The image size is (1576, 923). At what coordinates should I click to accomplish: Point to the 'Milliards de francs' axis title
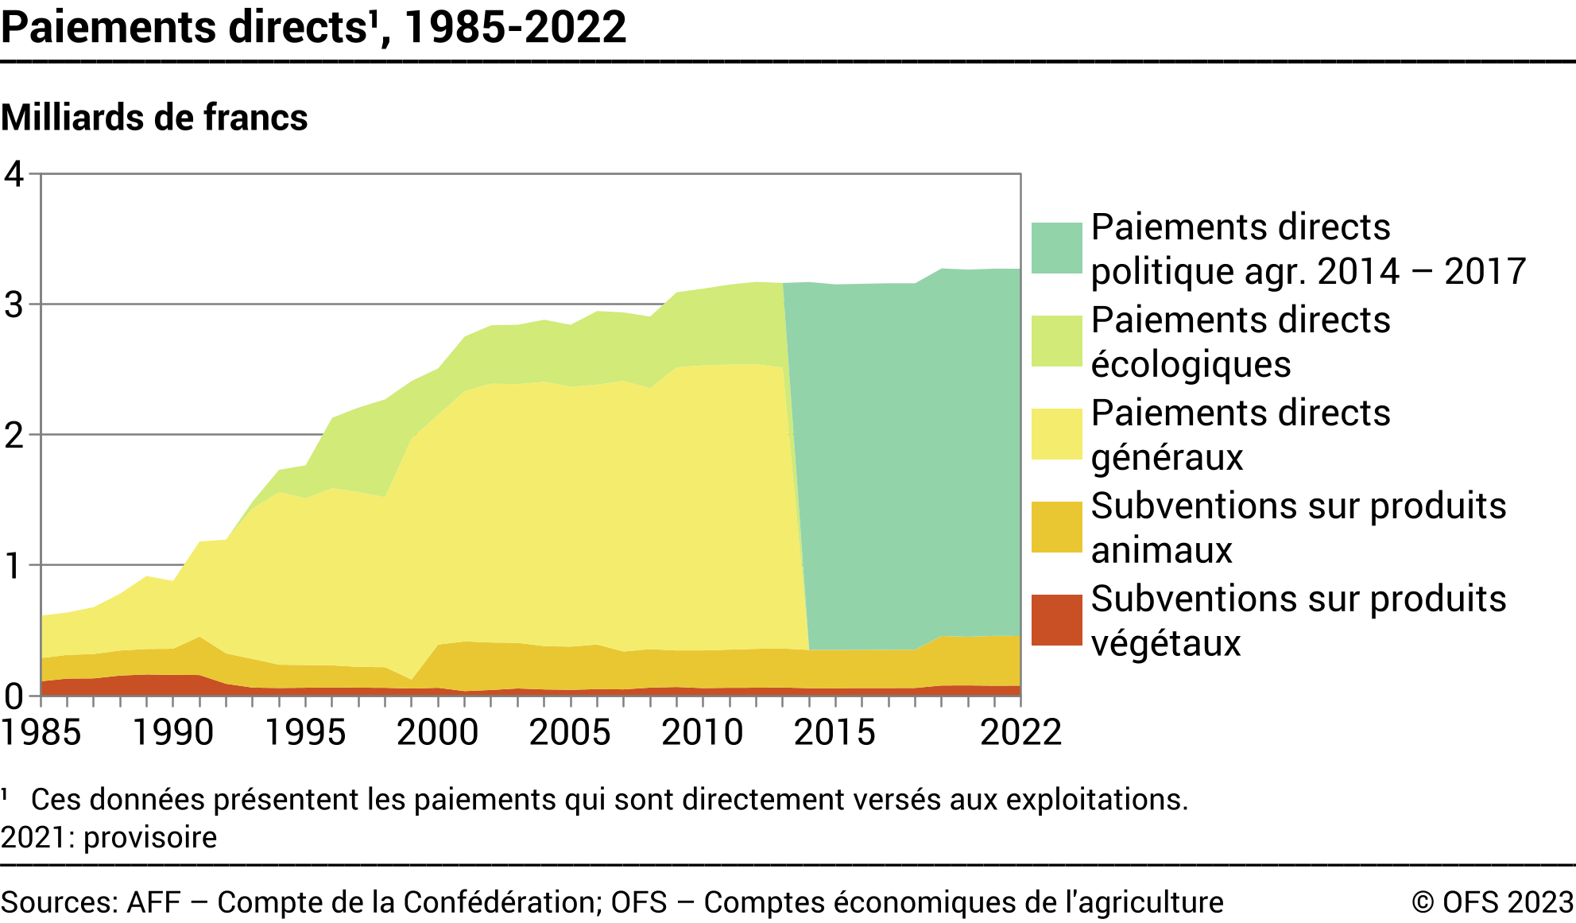pyautogui.click(x=154, y=118)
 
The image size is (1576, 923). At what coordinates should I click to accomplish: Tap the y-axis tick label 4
pyautogui.click(x=14, y=173)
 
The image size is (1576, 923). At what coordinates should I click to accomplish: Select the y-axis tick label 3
pyautogui.click(x=14, y=304)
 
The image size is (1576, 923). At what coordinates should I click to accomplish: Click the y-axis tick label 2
pyautogui.click(x=14, y=435)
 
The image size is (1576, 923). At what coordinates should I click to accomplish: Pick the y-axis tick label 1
pyautogui.click(x=14, y=565)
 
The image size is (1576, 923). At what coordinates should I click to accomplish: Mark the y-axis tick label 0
pyautogui.click(x=14, y=696)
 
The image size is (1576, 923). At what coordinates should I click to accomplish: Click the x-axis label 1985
pyautogui.click(x=41, y=732)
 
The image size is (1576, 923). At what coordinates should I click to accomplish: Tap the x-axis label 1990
pyautogui.click(x=172, y=732)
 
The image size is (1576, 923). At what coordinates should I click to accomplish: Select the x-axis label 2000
pyautogui.click(x=437, y=732)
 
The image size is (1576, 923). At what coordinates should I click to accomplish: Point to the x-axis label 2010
pyautogui.click(x=702, y=732)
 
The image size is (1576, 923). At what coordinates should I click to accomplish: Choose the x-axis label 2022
pyautogui.click(x=1020, y=732)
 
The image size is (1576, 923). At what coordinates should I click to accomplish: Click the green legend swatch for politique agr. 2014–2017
pyautogui.click(x=1056, y=248)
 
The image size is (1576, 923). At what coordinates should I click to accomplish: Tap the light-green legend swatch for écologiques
pyautogui.click(x=1056, y=341)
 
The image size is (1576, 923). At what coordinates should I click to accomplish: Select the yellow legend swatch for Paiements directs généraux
pyautogui.click(x=1056, y=434)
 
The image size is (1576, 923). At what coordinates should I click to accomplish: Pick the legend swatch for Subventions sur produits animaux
pyautogui.click(x=1056, y=527)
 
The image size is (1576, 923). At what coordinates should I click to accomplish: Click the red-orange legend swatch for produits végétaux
pyautogui.click(x=1056, y=620)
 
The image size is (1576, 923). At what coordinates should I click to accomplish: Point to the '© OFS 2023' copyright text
pyautogui.click(x=1492, y=902)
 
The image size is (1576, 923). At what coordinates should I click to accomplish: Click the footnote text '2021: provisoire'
pyautogui.click(x=109, y=838)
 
